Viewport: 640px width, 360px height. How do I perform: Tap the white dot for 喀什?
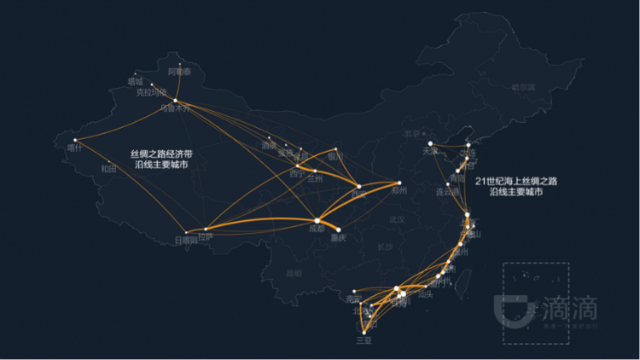tap(75, 140)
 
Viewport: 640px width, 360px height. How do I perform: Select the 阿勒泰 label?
tap(180, 72)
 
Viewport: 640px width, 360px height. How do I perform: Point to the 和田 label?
tap(108, 168)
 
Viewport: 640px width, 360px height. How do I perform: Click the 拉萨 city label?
tap(205, 236)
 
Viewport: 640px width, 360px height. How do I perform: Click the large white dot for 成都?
tap(317, 220)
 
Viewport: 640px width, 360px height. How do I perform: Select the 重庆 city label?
tap(338, 238)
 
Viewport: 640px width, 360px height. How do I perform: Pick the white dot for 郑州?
tap(399, 183)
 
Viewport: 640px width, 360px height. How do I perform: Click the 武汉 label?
tap(397, 219)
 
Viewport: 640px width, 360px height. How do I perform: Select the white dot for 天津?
tap(431, 143)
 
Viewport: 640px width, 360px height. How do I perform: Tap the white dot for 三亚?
tap(364, 331)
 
